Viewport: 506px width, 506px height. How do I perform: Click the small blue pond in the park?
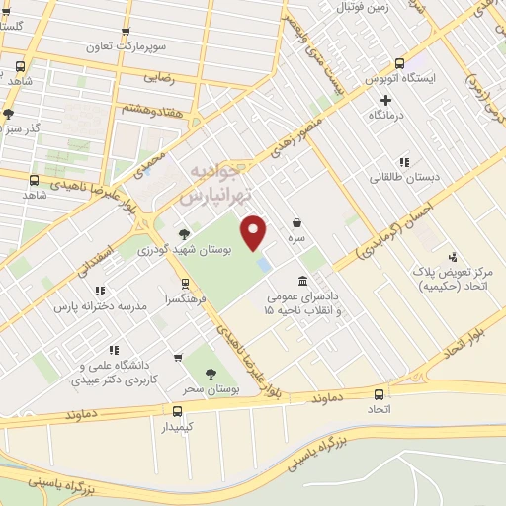264,265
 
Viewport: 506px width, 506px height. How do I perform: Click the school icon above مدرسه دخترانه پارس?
100,291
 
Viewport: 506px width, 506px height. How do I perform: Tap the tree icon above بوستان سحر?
210,372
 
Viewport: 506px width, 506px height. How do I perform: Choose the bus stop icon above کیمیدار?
177,410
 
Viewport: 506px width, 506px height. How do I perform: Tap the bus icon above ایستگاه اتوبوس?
399,60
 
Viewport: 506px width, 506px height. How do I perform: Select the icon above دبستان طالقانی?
403,162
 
